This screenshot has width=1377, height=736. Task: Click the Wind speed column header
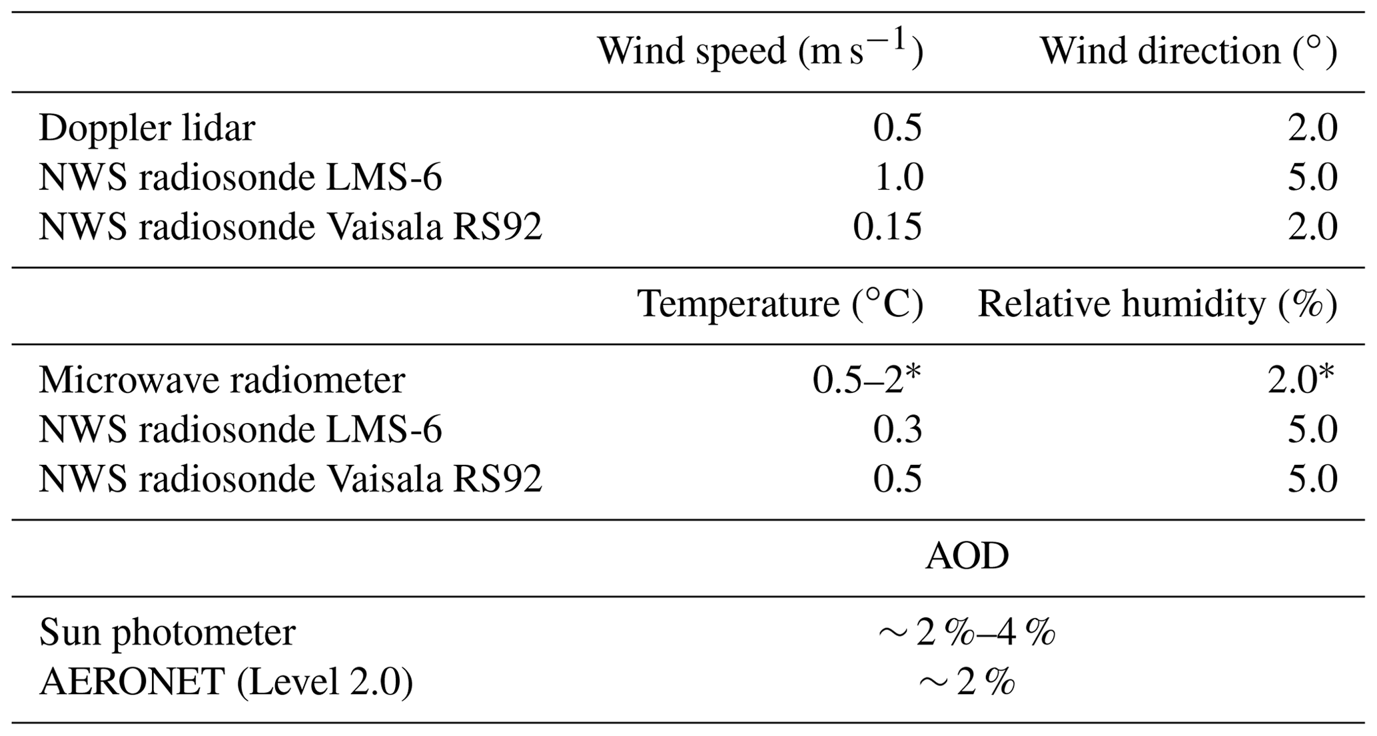pyautogui.click(x=760, y=51)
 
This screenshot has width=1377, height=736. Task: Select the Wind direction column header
pyautogui.click(x=1188, y=51)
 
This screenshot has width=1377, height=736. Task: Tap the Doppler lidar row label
pyautogui.click(x=147, y=128)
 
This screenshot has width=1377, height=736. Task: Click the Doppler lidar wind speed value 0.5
pyautogui.click(x=897, y=128)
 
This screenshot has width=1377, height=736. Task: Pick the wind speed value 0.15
pyautogui.click(x=887, y=227)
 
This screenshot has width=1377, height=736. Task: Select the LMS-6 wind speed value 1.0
pyautogui.click(x=898, y=178)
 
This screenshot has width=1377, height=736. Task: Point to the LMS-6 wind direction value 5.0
pyautogui.click(x=1312, y=178)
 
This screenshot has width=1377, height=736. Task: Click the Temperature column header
pyautogui.click(x=780, y=304)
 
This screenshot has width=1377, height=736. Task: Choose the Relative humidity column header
pyautogui.click(x=1157, y=304)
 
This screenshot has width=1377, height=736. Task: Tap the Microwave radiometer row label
pyautogui.click(x=222, y=380)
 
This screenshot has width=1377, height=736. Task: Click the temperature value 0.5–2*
pyautogui.click(x=867, y=380)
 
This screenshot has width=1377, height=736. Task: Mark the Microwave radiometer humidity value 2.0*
pyautogui.click(x=1301, y=380)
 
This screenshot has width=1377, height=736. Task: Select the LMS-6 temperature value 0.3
pyautogui.click(x=897, y=430)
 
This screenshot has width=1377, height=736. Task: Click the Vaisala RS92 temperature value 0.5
pyautogui.click(x=897, y=480)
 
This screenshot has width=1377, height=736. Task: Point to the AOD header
pyautogui.click(x=967, y=556)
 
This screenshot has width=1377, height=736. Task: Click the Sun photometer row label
pyautogui.click(x=167, y=632)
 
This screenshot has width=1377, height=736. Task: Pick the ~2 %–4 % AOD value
pyautogui.click(x=967, y=633)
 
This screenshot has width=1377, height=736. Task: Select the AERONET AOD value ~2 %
pyautogui.click(x=967, y=683)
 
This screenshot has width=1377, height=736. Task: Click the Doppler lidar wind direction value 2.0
pyautogui.click(x=1312, y=128)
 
